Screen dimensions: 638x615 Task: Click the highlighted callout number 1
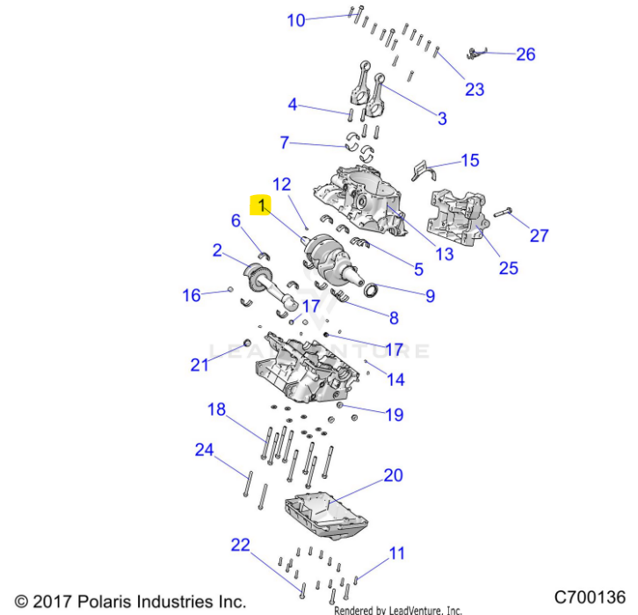261,205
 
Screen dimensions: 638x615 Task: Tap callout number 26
526,54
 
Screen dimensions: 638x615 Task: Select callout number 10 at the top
296,20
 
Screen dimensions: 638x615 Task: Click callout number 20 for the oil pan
393,475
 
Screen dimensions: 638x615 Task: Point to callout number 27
539,235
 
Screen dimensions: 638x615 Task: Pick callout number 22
240,545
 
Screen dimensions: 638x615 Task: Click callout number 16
192,295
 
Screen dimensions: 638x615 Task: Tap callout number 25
509,269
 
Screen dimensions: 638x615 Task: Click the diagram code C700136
590,597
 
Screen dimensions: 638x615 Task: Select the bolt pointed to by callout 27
503,213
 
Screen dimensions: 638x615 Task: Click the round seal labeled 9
371,290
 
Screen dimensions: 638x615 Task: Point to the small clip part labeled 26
476,53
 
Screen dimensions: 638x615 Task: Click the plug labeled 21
247,342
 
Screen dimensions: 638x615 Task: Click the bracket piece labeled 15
424,170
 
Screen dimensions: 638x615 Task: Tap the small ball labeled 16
230,289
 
